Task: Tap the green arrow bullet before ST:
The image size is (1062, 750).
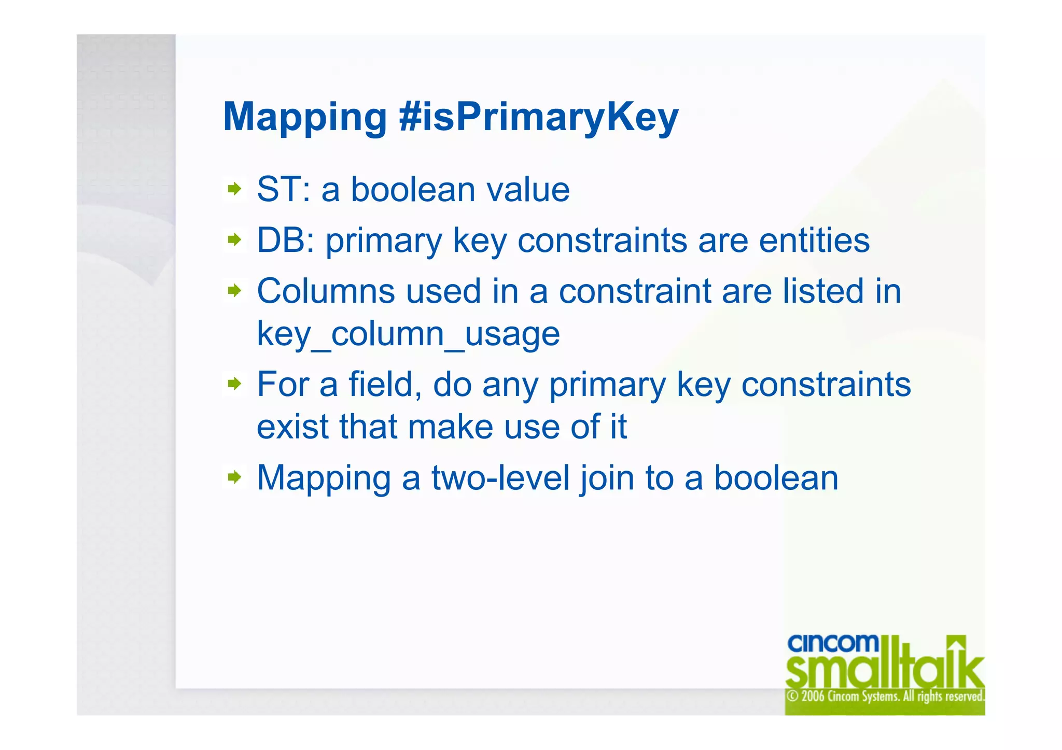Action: [235, 189]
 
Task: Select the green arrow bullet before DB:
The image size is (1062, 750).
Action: [235, 240]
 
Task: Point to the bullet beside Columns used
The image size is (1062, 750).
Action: [235, 290]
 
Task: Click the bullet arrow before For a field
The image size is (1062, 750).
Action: [235, 384]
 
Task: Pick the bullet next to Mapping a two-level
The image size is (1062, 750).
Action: [235, 476]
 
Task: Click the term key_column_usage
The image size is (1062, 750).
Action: [408, 334]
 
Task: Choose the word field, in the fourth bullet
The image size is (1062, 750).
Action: [384, 385]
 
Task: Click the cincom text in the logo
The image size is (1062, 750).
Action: [832, 644]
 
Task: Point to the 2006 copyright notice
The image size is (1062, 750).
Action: [885, 696]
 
